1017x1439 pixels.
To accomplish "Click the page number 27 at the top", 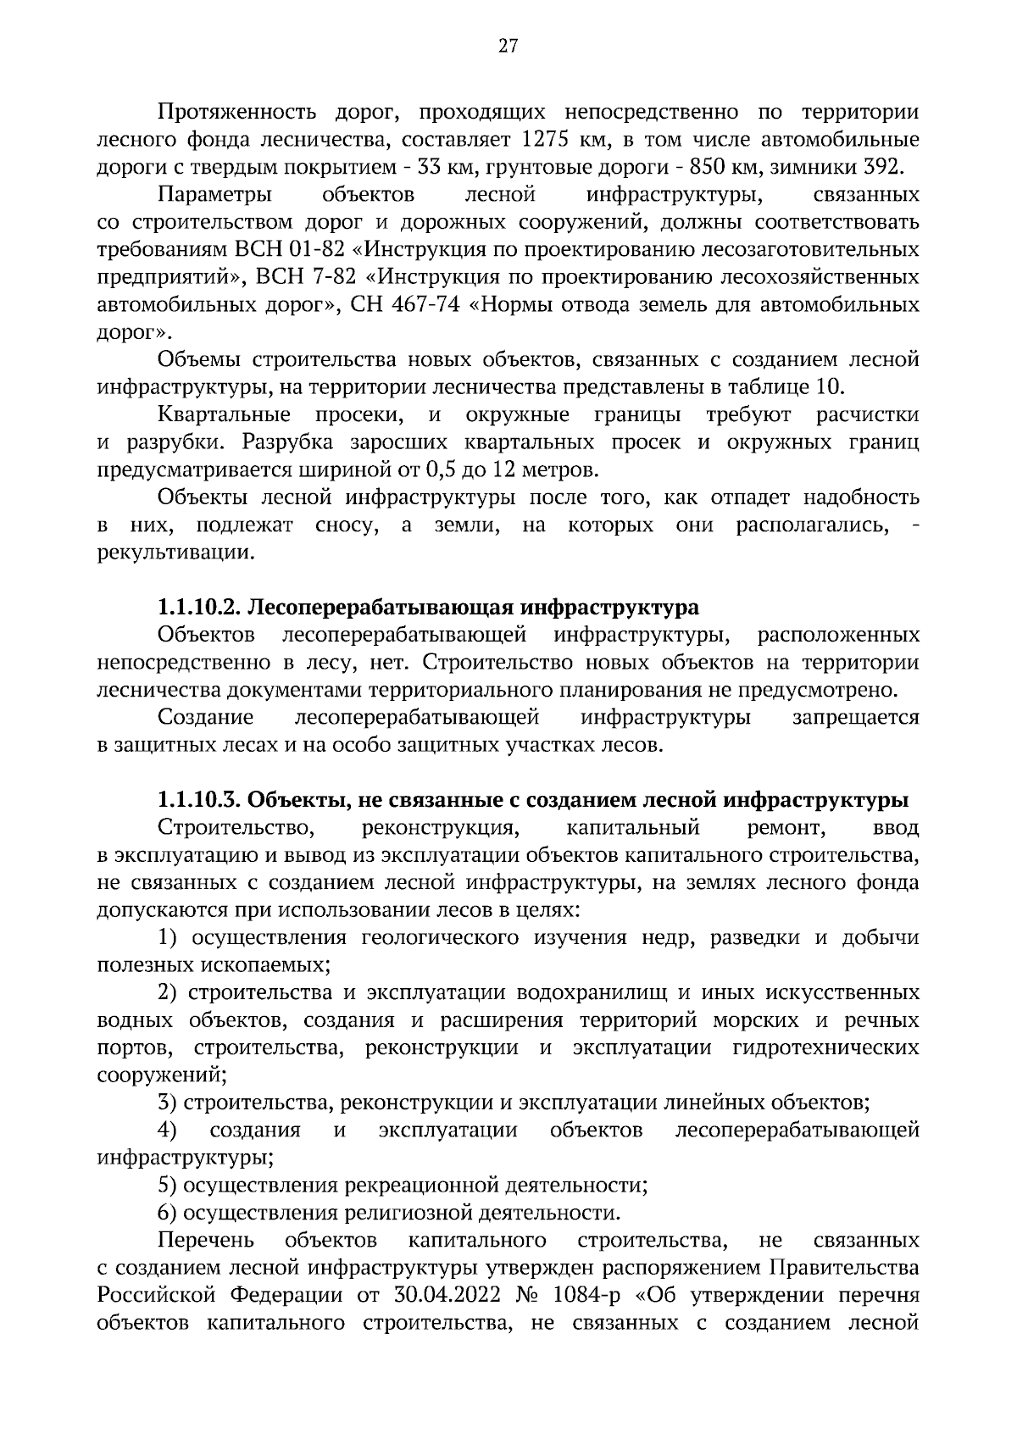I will pos(508,46).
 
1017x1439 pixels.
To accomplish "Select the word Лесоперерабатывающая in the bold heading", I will pos(384,608).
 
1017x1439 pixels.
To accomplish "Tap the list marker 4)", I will pos(167,1131).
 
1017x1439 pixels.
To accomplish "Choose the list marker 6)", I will pos(167,1213).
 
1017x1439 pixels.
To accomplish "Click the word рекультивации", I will pos(175,553).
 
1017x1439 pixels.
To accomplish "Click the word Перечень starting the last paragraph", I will pos(206,1241).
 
